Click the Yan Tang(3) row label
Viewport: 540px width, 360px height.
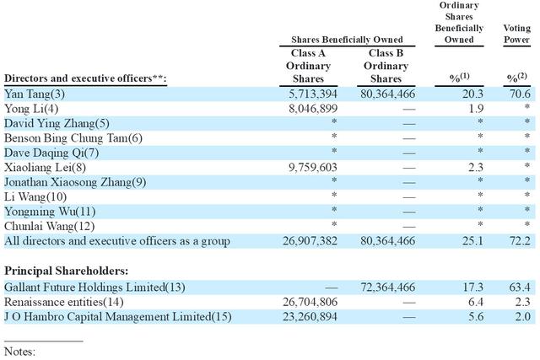click(x=35, y=94)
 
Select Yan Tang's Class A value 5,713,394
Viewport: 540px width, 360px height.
click(x=313, y=94)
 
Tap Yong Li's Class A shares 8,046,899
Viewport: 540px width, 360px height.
click(x=313, y=109)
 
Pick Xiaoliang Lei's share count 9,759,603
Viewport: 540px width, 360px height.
click(x=313, y=168)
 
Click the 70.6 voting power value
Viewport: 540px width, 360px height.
click(x=520, y=94)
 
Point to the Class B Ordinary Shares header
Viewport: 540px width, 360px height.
click(x=386, y=66)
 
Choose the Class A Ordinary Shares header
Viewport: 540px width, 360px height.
click(x=308, y=66)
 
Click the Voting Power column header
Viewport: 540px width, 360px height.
click(x=516, y=34)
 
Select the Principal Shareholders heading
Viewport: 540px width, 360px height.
click(x=66, y=271)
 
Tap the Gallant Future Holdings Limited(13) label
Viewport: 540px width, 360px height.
click(x=94, y=287)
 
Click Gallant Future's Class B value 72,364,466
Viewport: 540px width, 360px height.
click(x=388, y=287)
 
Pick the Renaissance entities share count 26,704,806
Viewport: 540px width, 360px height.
click(x=310, y=302)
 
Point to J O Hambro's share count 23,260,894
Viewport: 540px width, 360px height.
click(x=310, y=317)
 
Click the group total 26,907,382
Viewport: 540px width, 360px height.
click(x=310, y=241)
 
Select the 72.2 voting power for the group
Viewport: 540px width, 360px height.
click(x=520, y=241)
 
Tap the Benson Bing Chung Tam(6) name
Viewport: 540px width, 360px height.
click(x=73, y=138)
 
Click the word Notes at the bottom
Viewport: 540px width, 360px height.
click(x=19, y=352)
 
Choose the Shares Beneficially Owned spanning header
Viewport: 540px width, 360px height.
click(x=347, y=40)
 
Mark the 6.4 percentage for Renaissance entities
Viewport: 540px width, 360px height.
click(x=476, y=302)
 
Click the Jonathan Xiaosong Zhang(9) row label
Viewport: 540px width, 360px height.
click(x=75, y=182)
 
